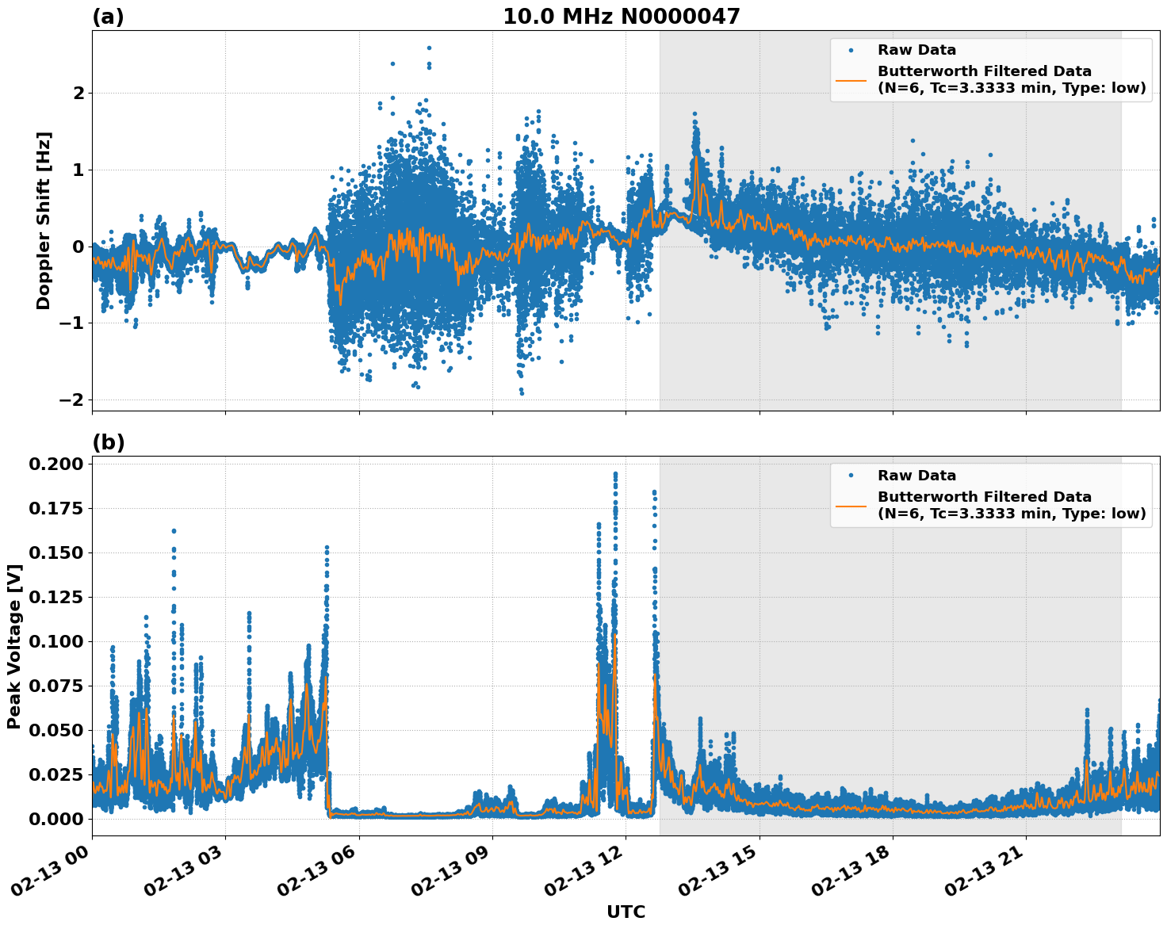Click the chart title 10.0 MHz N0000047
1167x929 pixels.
(x=621, y=17)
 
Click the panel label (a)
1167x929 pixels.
(x=108, y=17)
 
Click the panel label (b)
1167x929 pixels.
(x=108, y=442)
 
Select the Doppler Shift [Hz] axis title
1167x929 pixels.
(x=44, y=220)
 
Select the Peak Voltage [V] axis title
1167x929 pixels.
(x=13, y=646)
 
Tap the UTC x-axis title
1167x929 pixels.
(x=626, y=912)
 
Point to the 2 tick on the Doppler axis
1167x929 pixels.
(x=78, y=94)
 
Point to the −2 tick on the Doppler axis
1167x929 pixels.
(x=71, y=400)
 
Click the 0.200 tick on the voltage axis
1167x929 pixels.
(x=55, y=464)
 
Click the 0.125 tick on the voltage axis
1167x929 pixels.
(x=55, y=597)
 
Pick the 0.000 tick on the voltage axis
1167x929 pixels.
(x=55, y=819)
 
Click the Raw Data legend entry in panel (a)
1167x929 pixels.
(x=916, y=50)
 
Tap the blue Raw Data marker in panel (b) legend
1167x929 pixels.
(x=851, y=476)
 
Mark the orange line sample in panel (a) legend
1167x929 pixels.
(x=851, y=79)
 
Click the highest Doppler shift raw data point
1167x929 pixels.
(x=429, y=48)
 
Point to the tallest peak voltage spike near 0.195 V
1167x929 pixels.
(x=615, y=474)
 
